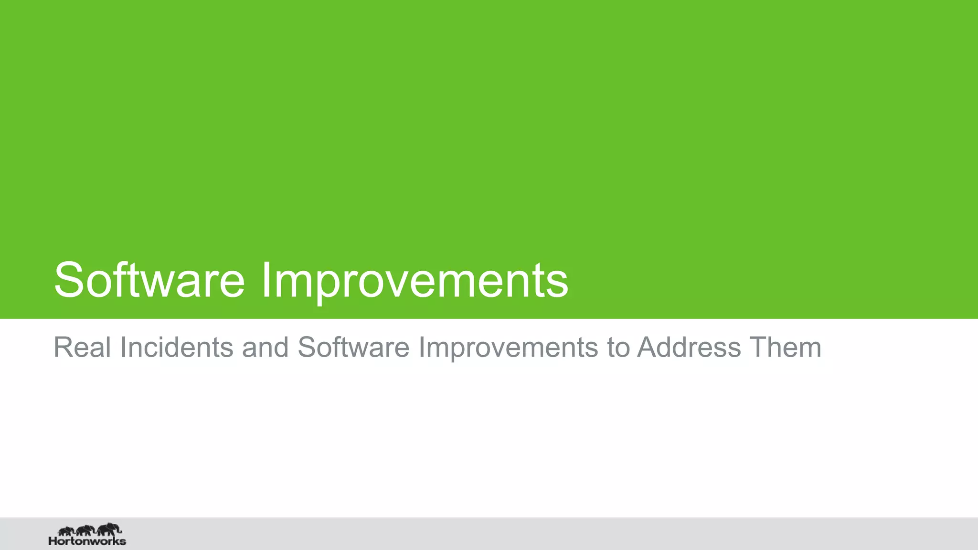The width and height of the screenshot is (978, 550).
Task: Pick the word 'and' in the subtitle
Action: point(265,347)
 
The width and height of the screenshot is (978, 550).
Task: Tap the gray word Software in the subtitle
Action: point(353,347)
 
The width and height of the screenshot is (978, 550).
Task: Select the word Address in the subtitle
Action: point(689,347)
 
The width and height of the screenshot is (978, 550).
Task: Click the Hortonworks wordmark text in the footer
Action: point(87,541)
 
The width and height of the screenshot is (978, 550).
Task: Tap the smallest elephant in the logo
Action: point(66,531)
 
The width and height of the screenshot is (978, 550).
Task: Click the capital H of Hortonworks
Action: point(53,541)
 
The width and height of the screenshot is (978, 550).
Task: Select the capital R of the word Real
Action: point(62,347)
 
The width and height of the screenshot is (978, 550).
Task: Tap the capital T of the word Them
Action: point(758,347)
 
